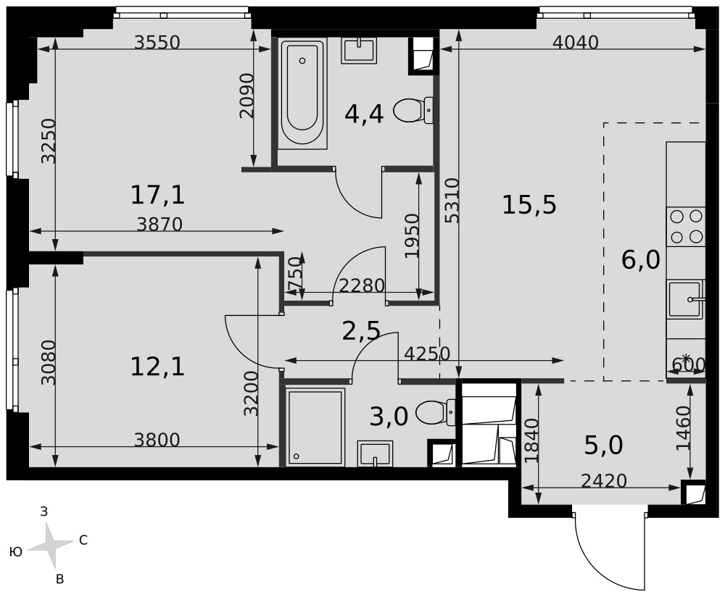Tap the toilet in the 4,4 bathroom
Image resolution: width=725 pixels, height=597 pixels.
[413, 110]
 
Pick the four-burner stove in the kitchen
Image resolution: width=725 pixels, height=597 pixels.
[686, 227]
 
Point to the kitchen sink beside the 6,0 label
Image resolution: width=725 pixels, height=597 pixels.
[686, 299]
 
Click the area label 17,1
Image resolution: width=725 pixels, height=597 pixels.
[157, 195]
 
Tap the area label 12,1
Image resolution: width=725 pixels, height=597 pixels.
[157, 367]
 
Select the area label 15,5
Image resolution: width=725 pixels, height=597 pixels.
[529, 205]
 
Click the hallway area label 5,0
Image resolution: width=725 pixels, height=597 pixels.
[603, 446]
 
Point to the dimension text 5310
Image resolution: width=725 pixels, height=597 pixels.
[452, 201]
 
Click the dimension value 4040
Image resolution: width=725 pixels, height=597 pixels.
[576, 43]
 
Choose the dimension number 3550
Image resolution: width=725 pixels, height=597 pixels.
[157, 43]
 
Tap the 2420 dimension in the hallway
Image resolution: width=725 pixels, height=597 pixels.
[603, 481]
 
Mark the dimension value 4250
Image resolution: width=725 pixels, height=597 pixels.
[427, 354]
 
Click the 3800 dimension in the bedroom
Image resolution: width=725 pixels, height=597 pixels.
[157, 440]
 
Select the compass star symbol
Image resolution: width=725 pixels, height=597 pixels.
[51, 546]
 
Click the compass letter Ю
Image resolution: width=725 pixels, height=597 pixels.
[16, 551]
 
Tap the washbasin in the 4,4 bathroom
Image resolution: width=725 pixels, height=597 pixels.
[359, 50]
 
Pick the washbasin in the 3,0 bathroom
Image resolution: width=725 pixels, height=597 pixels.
[375, 454]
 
